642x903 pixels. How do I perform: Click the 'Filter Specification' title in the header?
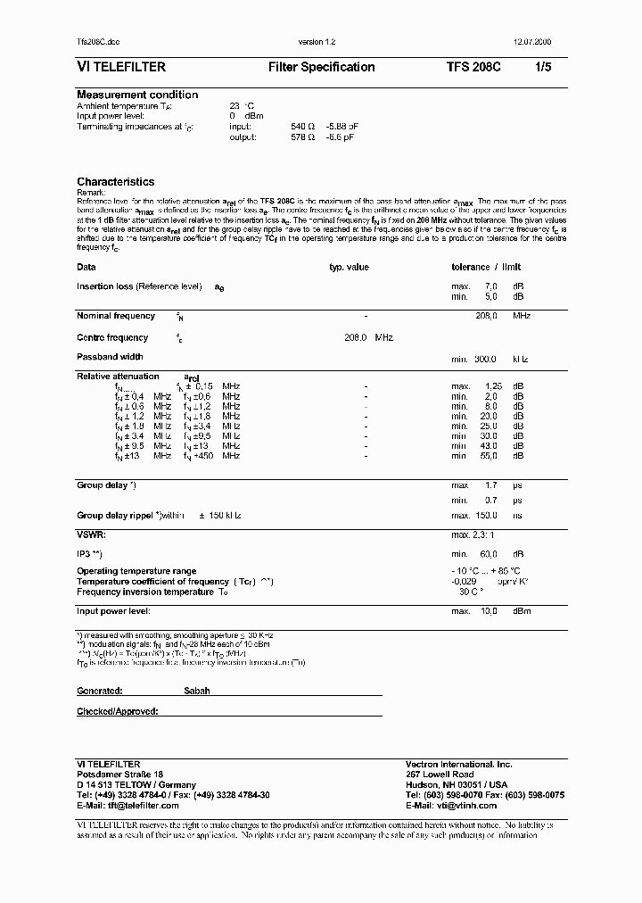tap(321, 67)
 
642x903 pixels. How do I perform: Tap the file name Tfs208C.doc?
tap(99, 43)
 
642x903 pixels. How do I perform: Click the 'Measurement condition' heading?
tap(137, 95)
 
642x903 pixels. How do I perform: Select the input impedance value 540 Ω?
tap(303, 127)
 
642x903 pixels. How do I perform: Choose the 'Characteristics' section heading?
tap(115, 182)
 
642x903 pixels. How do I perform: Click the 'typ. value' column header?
tap(349, 267)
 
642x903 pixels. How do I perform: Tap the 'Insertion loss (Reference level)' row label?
tap(139, 286)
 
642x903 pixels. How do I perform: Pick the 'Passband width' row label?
tap(110, 357)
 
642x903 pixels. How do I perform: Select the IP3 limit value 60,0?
tap(487, 553)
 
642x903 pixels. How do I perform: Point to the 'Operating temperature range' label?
tap(136, 571)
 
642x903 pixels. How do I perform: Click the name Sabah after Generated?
tap(196, 691)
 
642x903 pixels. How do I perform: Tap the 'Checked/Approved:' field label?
tap(117, 711)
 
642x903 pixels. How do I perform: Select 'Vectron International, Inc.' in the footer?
tap(458, 765)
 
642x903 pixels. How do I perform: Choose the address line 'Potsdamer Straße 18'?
tap(120, 775)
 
